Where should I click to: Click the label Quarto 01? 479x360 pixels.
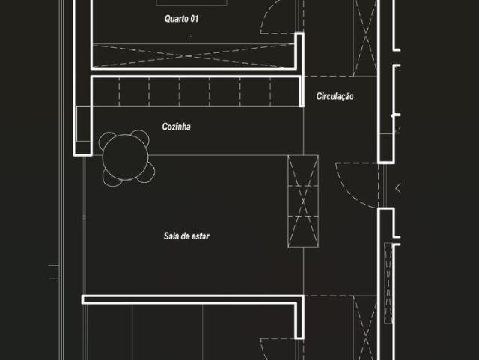[x=182, y=18]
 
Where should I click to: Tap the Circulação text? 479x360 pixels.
[x=335, y=96]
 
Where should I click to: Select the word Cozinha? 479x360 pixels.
[x=177, y=127]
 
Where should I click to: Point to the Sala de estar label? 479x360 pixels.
[x=186, y=236]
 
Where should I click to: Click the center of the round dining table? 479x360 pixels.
[x=126, y=157]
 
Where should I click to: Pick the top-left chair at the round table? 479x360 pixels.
[x=109, y=140]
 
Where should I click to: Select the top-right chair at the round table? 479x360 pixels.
[x=141, y=137]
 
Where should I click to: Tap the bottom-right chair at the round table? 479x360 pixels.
[x=145, y=173]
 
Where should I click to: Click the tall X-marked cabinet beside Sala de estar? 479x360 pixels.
[x=303, y=201]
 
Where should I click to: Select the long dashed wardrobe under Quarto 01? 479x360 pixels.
[x=195, y=55]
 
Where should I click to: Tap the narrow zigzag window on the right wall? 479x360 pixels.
[x=388, y=283]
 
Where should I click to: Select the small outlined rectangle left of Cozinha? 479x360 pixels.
[x=82, y=123]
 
